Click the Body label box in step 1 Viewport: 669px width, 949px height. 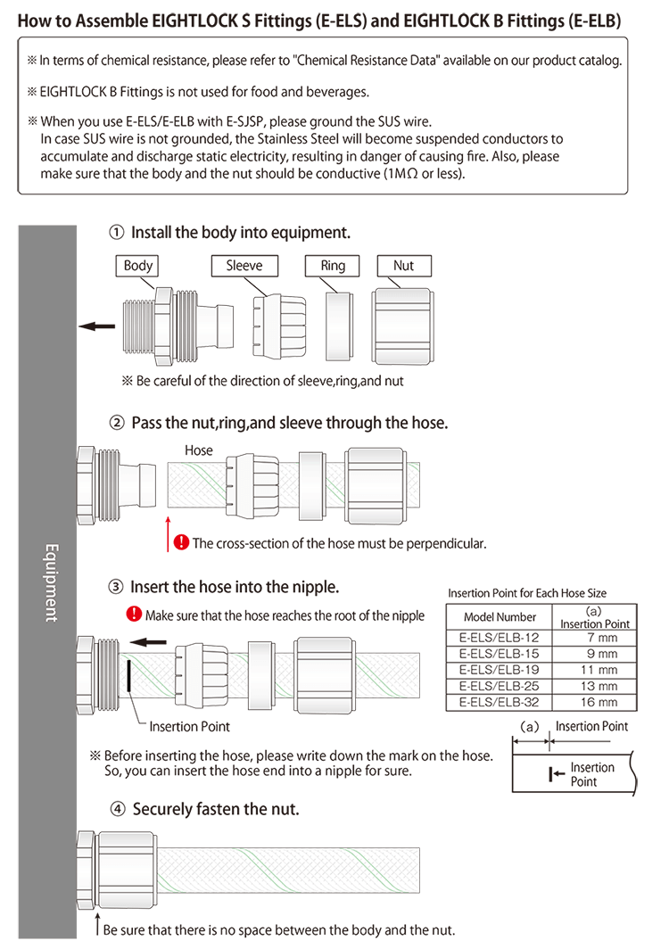coord(138,265)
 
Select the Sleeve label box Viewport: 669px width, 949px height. coord(244,265)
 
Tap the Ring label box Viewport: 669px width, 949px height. coord(333,265)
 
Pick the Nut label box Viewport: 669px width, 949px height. coord(403,265)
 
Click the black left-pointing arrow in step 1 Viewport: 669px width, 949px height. coord(92,326)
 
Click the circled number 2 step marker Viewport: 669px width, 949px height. coord(116,423)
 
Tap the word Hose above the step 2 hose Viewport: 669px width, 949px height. coord(198,450)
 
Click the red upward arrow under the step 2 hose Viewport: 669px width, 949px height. coord(168,532)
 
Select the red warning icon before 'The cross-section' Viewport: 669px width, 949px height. coord(181,541)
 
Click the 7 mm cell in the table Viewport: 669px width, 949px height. coord(596,638)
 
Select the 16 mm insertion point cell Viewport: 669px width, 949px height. coord(596,702)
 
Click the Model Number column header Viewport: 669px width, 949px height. coord(500,617)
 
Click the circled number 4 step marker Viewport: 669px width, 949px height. coord(118,810)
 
